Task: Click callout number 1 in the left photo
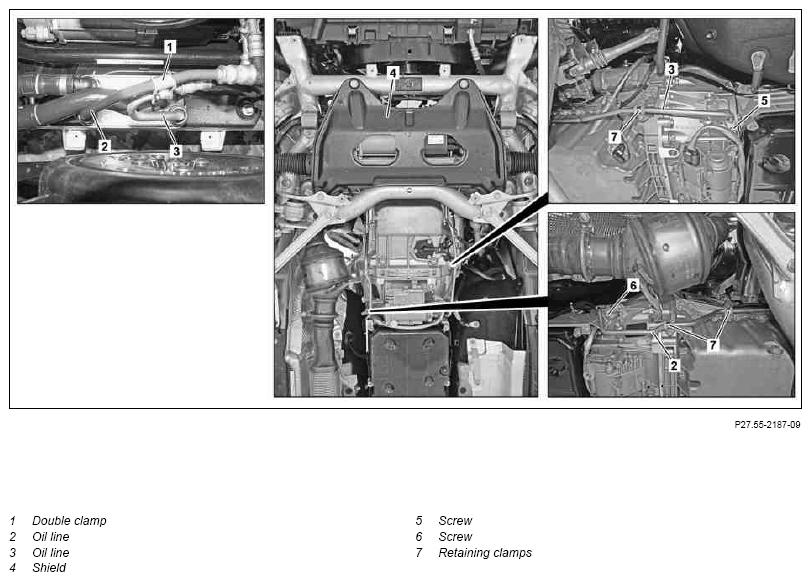point(170,47)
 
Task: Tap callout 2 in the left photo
point(104,146)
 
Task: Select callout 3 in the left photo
point(176,151)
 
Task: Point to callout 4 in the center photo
point(393,73)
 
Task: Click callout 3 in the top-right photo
point(671,69)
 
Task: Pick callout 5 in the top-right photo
point(764,100)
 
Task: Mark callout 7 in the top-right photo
point(614,136)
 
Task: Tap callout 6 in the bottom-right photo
point(633,285)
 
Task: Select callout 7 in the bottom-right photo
point(713,344)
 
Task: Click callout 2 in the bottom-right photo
point(674,365)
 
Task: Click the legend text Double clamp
point(69,520)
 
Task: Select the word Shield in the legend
point(49,568)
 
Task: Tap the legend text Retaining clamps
point(485,553)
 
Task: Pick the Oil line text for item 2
point(51,537)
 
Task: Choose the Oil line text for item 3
point(51,553)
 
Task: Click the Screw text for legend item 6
point(455,537)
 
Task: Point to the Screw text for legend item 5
point(455,520)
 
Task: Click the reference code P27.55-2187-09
point(768,424)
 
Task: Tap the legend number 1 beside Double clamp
point(13,520)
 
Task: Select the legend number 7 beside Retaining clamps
point(419,553)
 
